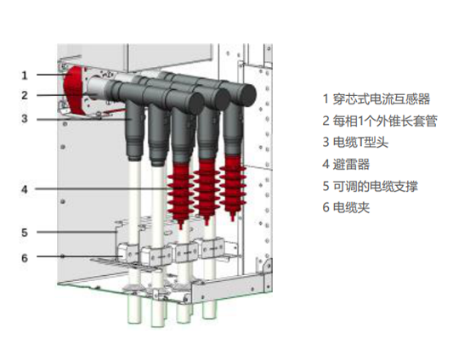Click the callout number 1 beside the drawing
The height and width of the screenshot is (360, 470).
(25, 76)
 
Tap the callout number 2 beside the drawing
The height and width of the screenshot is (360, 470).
(25, 96)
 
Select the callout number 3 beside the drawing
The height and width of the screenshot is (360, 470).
(25, 119)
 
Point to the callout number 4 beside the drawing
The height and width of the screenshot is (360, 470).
(25, 189)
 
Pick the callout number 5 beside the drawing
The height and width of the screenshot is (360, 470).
(25, 233)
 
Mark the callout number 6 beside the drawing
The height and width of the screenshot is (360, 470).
(25, 258)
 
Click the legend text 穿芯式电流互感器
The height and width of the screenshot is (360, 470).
(382, 99)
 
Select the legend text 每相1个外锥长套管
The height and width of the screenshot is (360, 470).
(385, 121)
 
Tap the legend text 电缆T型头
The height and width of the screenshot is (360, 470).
(360, 143)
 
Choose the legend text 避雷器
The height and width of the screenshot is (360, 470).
(351, 164)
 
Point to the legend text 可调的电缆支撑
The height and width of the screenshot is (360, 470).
(376, 186)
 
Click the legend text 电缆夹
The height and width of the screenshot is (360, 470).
(351, 207)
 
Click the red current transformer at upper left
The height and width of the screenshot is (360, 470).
(73, 90)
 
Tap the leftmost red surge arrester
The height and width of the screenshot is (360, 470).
(180, 194)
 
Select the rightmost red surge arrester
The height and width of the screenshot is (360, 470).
(233, 187)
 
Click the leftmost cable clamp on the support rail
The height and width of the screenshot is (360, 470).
(127, 253)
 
